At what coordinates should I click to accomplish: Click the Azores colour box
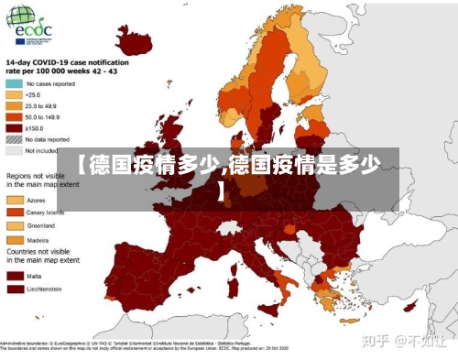[x=16, y=199]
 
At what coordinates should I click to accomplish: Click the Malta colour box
[x=16, y=274]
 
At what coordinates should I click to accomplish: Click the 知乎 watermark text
[x=376, y=341]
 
